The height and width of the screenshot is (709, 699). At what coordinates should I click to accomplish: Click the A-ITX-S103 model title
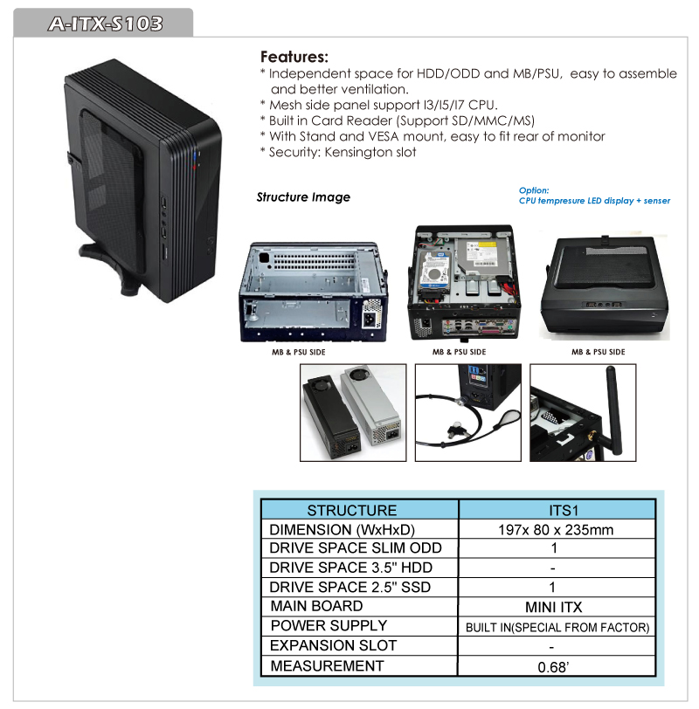point(106,24)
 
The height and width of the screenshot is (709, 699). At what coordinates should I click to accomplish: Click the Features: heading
point(294,57)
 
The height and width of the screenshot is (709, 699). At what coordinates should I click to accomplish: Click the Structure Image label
point(303,197)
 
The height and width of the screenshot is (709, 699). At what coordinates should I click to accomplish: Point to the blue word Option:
point(534,190)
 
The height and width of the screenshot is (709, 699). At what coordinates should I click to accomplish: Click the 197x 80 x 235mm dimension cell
point(556,529)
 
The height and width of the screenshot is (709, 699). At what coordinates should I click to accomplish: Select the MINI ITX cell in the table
point(553,607)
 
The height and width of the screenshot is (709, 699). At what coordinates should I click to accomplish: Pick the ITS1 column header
point(564,511)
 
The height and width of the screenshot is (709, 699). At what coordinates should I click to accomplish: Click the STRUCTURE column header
point(352,511)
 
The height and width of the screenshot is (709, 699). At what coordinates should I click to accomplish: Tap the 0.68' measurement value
point(553,667)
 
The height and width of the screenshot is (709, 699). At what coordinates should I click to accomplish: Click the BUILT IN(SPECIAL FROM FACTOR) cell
point(557,627)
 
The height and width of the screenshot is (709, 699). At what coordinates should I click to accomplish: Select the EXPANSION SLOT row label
point(334,645)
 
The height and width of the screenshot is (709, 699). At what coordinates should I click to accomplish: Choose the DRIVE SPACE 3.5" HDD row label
point(351,568)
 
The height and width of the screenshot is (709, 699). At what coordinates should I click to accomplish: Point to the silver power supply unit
point(371,404)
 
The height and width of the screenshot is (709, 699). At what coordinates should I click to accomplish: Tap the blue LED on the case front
point(195,156)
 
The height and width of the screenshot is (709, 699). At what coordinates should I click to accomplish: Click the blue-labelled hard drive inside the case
point(434,271)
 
